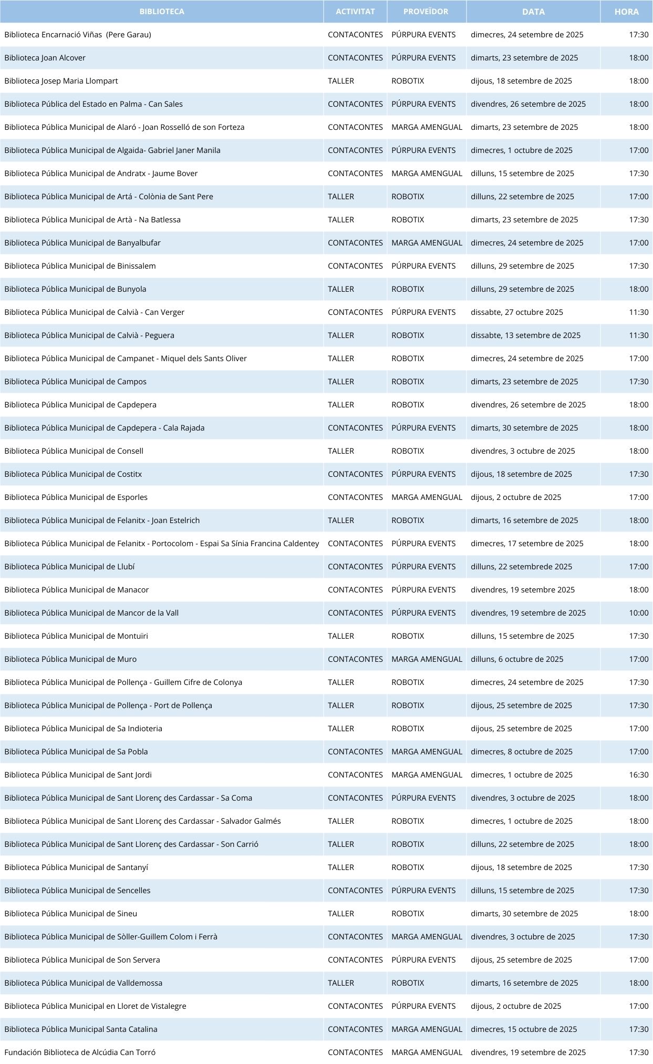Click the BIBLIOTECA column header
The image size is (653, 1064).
(162, 12)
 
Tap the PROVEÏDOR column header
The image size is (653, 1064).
(426, 12)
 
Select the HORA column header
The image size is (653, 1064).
(626, 12)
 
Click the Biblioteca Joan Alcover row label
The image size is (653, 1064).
(45, 58)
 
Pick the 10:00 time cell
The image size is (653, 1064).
(639, 613)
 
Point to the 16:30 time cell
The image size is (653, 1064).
(639, 775)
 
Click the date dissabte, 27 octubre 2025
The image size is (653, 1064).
(516, 312)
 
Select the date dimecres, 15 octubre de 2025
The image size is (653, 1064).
(524, 1029)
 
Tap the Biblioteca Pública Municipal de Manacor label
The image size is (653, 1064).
(77, 590)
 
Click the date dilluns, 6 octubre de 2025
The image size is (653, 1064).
(517, 659)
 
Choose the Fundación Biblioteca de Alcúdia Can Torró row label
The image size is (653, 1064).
(80, 1052)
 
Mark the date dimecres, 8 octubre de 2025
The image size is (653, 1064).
(522, 752)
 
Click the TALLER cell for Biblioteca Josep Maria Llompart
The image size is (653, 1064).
(341, 81)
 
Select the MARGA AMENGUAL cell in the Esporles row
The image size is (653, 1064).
(427, 497)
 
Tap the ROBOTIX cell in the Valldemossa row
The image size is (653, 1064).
(408, 983)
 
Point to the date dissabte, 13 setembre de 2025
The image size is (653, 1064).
(525, 335)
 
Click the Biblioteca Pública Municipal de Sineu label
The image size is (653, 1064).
(71, 914)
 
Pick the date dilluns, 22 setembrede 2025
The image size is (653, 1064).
(521, 567)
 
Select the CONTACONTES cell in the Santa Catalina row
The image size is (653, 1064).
(355, 1029)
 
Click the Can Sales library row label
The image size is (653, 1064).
(94, 104)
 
